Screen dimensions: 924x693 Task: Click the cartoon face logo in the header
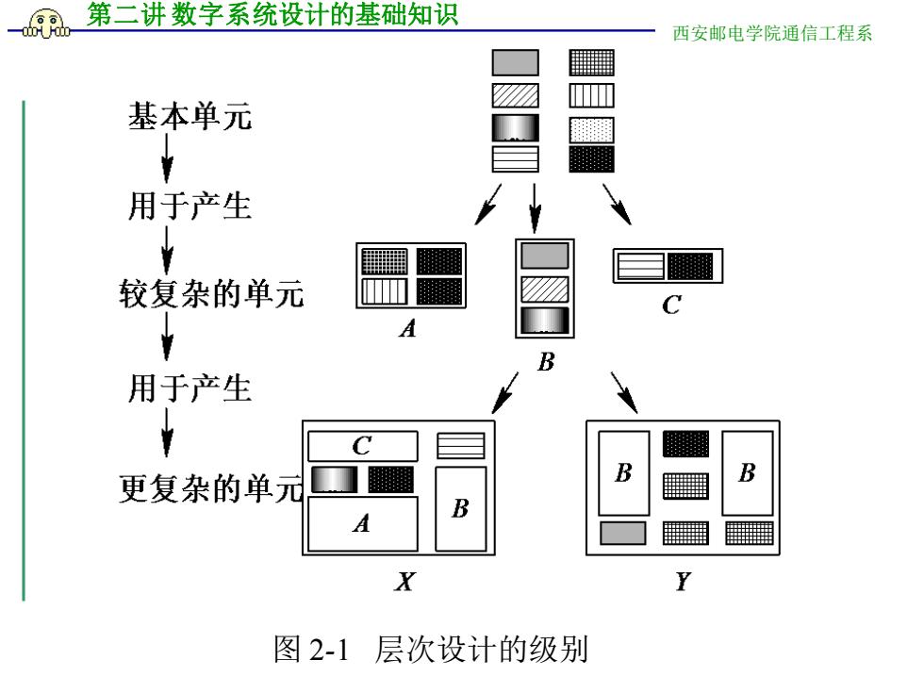pos(46,25)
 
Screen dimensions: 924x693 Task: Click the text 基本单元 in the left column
pos(190,116)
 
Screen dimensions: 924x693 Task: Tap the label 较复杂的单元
pos(211,293)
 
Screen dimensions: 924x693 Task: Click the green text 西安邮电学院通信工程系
pos(772,33)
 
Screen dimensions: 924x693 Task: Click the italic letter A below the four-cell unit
pos(407,328)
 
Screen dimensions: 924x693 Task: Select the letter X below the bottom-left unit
pos(404,582)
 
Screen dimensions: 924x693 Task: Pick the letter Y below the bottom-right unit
pos(683,582)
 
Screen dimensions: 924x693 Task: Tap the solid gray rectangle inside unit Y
pos(623,534)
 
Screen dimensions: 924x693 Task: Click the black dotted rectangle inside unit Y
pos(686,444)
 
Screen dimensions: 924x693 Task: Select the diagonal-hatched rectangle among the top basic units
pos(516,95)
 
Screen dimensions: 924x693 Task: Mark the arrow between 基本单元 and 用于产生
pos(168,158)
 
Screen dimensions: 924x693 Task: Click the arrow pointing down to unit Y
pos(624,392)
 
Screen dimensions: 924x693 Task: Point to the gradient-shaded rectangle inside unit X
pos(334,480)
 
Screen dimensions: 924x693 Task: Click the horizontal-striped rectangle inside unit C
pos(640,266)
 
